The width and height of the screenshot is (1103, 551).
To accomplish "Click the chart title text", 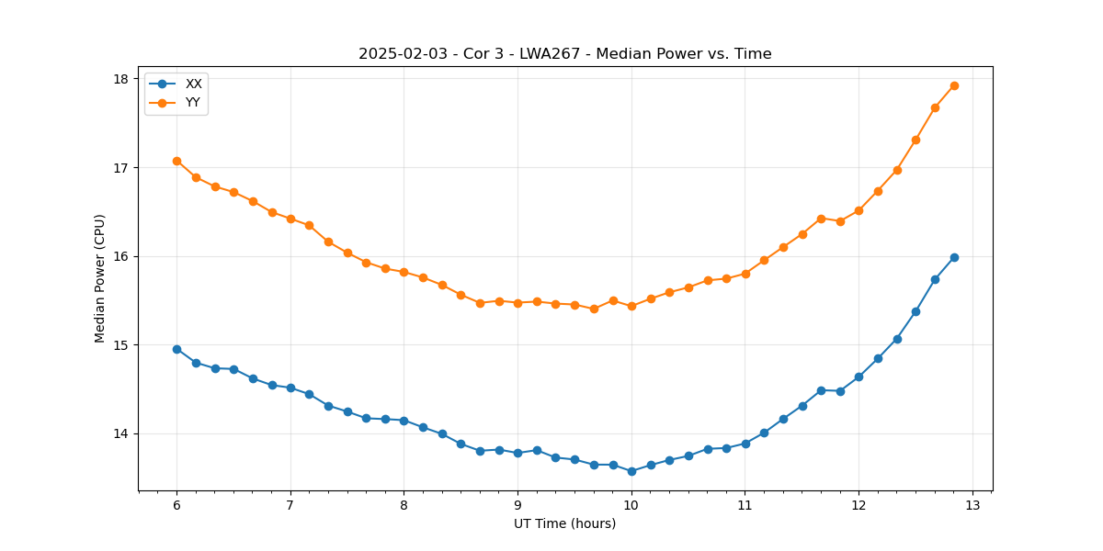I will click(564, 54).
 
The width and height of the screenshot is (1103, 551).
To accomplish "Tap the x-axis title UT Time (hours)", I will click(564, 523).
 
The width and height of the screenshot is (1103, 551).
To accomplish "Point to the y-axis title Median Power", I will click(100, 278).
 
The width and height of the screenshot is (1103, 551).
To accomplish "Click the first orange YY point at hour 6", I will click(176, 161).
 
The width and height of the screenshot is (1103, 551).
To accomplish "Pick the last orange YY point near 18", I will click(954, 85).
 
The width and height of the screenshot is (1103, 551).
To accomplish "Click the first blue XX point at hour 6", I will click(176, 349).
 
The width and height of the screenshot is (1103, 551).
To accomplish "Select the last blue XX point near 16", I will click(954, 257).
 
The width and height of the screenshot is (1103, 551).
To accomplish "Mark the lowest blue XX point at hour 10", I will click(631, 471).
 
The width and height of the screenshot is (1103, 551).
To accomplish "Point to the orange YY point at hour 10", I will click(631, 306).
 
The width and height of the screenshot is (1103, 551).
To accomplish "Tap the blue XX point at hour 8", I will click(404, 421).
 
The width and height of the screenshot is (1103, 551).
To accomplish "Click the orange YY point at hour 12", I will click(859, 210).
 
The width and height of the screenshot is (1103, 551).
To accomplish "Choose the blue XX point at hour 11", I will click(745, 444).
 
